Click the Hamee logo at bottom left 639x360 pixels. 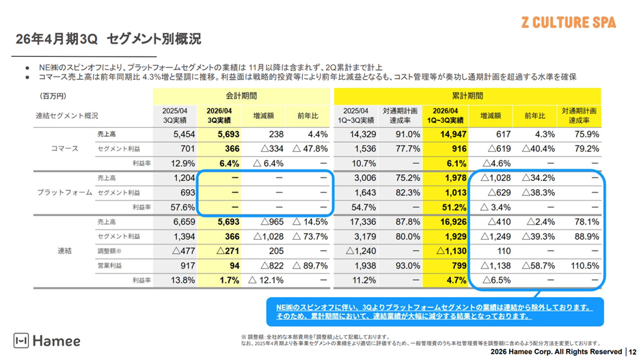[47, 340]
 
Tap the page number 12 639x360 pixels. [631, 352]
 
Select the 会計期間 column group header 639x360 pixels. [243, 96]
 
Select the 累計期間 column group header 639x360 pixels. [467, 96]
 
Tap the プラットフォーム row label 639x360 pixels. [65, 193]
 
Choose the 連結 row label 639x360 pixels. [64, 251]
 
